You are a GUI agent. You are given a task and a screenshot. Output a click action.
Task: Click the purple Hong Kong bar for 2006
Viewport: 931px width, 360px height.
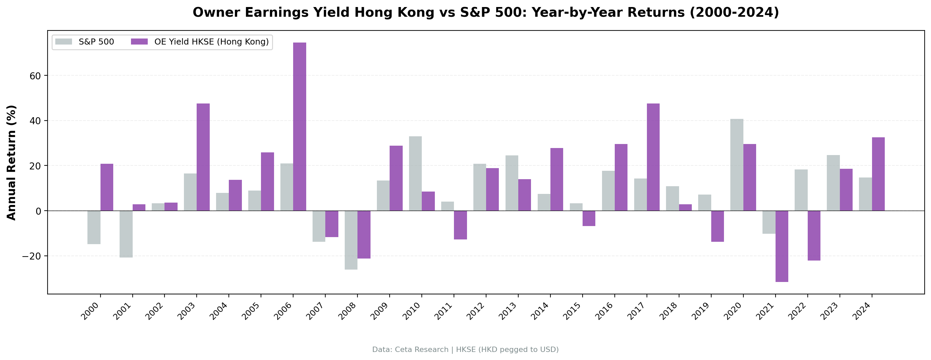coord(299,127)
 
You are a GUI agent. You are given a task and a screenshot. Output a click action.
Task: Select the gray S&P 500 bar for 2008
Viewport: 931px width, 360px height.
coord(351,240)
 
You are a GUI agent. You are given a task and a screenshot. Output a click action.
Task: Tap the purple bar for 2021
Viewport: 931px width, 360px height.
coord(782,246)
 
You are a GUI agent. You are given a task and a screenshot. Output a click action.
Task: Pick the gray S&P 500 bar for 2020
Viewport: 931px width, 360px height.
coord(737,165)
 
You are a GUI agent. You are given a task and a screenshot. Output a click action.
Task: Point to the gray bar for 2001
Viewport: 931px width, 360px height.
coord(126,234)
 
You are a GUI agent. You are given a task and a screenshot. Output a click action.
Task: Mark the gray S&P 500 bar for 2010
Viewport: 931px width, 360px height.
coord(415,173)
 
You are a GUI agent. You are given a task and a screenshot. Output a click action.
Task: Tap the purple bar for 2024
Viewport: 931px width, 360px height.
coord(878,174)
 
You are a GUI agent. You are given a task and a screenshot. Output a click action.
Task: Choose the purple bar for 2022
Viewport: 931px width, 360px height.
coord(814,236)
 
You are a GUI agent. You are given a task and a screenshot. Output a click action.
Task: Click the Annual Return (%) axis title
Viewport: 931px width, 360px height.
coord(12,163)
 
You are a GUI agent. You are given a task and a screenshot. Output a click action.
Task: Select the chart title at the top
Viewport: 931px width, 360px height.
coord(486,13)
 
